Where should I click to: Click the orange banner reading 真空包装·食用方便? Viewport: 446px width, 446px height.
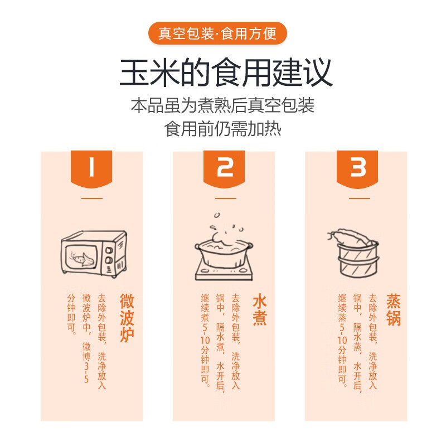tap(217, 34)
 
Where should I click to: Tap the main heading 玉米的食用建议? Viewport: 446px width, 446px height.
tap(226, 71)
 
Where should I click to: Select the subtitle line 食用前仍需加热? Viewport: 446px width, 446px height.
tap(223, 129)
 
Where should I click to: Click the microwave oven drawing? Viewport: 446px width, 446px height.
tap(93, 254)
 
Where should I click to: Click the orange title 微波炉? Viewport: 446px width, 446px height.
tap(127, 317)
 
